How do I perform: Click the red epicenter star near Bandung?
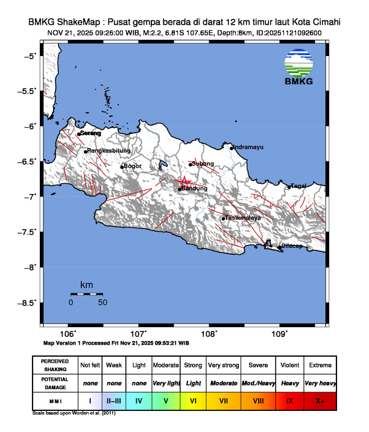tap(185, 181)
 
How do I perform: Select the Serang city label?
tap(90, 133)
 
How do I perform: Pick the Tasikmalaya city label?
tap(243, 218)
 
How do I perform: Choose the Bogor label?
tap(132, 166)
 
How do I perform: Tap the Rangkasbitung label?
tap(107, 151)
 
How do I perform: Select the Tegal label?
tap(299, 186)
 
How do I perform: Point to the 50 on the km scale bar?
tap(102, 302)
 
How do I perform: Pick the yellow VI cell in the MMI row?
tap(193, 400)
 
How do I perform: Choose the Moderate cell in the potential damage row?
tap(223, 383)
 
